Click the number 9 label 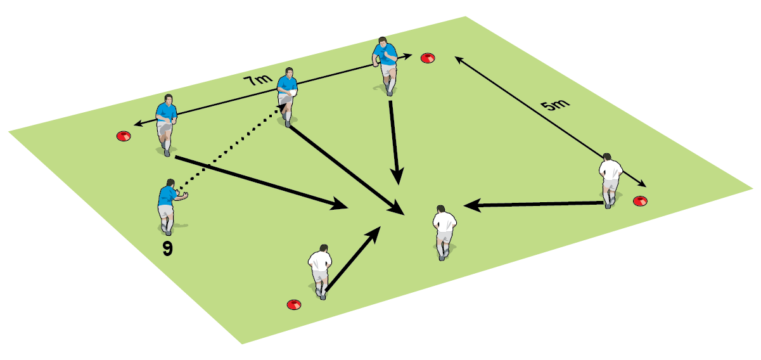pyautogui.click(x=167, y=248)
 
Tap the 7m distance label pyautogui.click(x=257, y=80)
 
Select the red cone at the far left pyautogui.click(x=123, y=135)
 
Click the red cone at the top pyautogui.click(x=428, y=58)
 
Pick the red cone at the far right pyautogui.click(x=641, y=201)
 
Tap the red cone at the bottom pyautogui.click(x=293, y=304)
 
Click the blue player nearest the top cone pyautogui.click(x=385, y=63)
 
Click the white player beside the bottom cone pyautogui.click(x=320, y=269)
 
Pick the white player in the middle pyautogui.click(x=444, y=230)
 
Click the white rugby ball pyautogui.click(x=293, y=93)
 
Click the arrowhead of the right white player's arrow pyautogui.click(x=470, y=205)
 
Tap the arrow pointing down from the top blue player pyautogui.click(x=394, y=139)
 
